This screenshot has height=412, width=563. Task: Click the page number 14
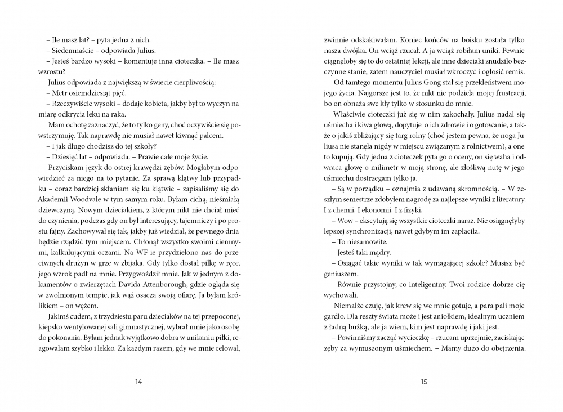[139, 382]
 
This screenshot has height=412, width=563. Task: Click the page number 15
[424, 382]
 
